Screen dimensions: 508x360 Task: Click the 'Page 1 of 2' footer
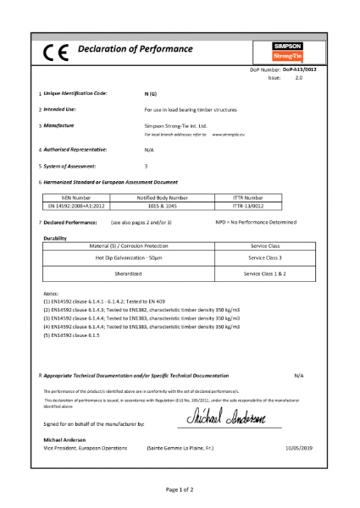click(x=180, y=489)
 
